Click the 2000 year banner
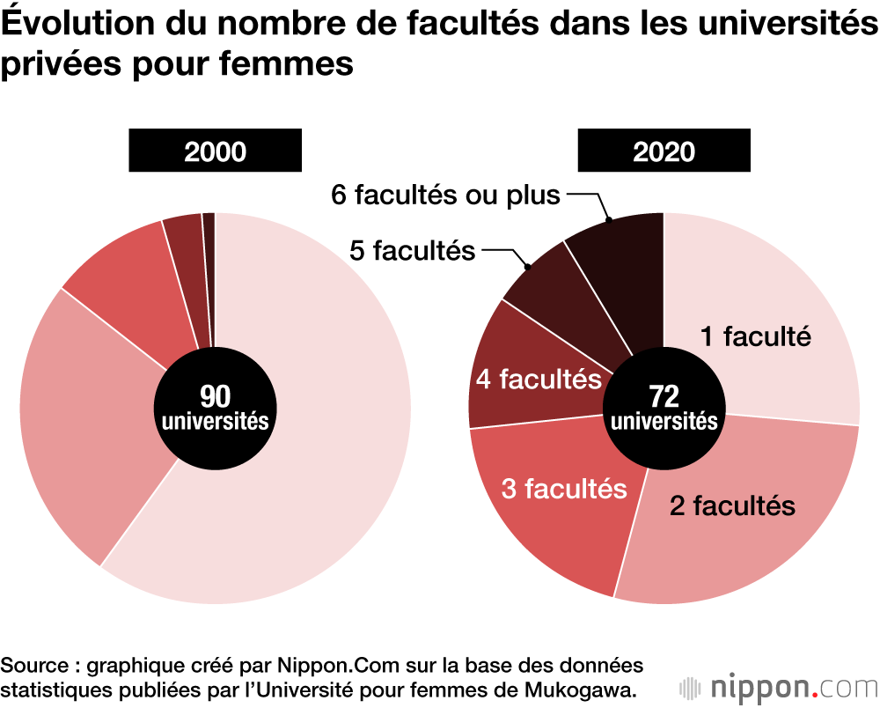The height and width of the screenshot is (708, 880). (x=215, y=151)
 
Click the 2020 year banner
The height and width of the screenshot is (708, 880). (x=664, y=151)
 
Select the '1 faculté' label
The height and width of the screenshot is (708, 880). (x=755, y=336)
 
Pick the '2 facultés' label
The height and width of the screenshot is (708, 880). (x=732, y=505)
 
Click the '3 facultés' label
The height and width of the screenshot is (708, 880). (x=563, y=489)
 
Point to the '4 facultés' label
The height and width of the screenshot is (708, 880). (x=539, y=380)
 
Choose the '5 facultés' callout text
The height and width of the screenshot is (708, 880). (x=412, y=251)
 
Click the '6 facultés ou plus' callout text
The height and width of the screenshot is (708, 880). (x=445, y=195)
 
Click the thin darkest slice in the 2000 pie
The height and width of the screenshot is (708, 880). (x=209, y=264)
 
